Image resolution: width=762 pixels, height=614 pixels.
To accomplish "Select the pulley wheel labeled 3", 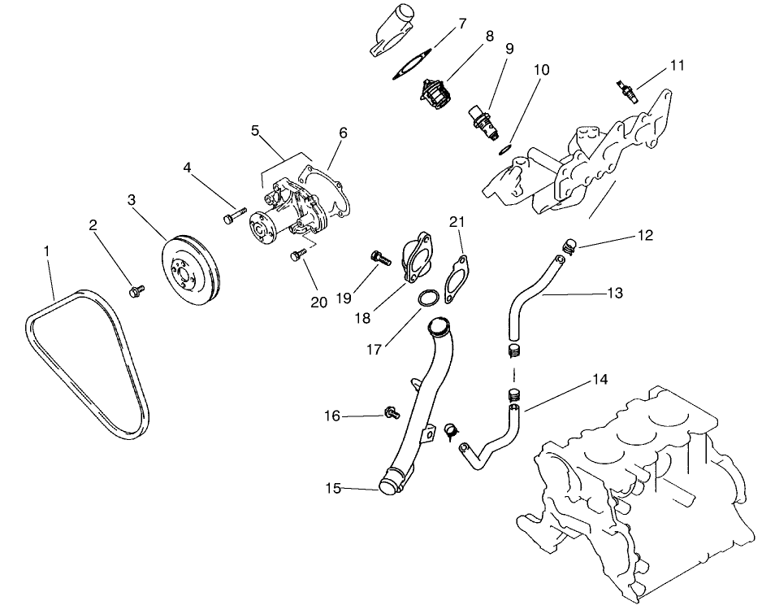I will coord(189,268).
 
